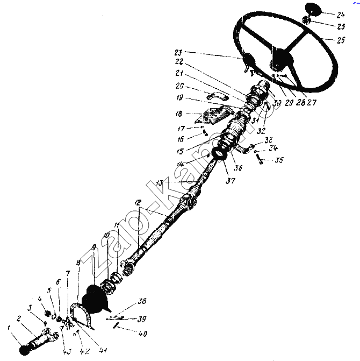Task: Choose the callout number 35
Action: [278, 160]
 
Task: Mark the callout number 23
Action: [178, 53]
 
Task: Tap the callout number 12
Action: [138, 203]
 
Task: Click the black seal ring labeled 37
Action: [219, 154]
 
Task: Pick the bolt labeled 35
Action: [259, 160]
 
